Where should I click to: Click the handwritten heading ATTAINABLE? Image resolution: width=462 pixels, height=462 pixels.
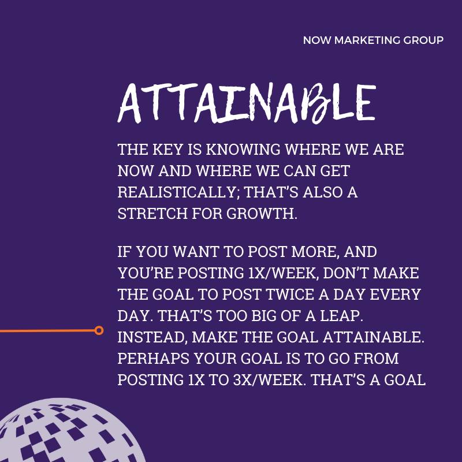[247, 103]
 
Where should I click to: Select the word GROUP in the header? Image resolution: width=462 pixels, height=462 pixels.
[423, 40]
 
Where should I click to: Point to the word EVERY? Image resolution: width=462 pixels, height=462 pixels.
[395, 295]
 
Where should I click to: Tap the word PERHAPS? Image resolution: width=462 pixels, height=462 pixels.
[153, 359]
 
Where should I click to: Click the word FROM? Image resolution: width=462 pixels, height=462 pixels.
[377, 359]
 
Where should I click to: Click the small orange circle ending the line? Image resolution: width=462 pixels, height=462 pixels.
[99, 330]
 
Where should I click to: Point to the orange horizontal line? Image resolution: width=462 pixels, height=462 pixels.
[47, 331]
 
